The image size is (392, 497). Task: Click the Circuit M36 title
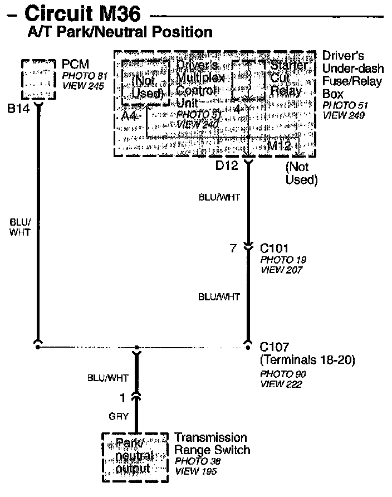coord(82,13)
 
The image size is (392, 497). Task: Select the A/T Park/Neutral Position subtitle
coord(120,32)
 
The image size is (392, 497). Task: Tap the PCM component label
coord(75,65)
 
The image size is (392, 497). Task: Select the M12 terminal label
coord(280,146)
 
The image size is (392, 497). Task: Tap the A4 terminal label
coord(130,116)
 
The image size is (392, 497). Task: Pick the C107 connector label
coord(275,347)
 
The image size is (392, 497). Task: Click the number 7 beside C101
coord(233,248)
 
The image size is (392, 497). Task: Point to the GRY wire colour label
coord(119,416)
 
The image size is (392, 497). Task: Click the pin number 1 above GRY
coord(123,398)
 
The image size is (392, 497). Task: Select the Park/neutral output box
coord(134,457)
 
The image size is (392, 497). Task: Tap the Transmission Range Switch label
coord(212,444)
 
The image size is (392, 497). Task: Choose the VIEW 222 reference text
coord(281,384)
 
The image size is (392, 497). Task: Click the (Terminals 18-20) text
coord(307,360)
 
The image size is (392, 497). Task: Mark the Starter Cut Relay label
coord(287,78)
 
